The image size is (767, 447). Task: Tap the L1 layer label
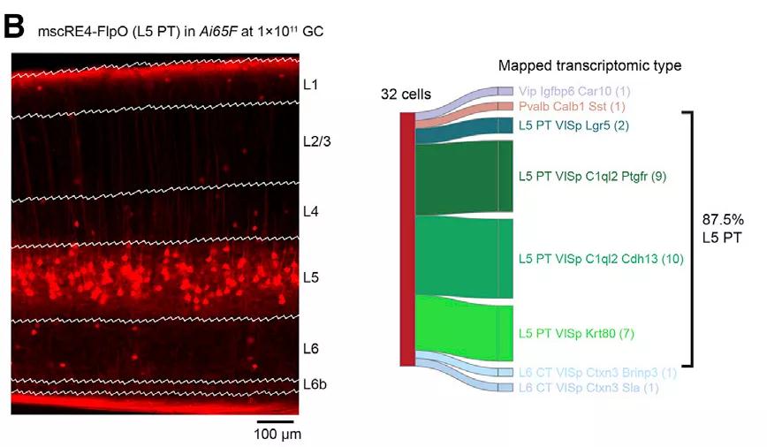310,85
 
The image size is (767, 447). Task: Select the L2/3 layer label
315,140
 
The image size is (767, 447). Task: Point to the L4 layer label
310,211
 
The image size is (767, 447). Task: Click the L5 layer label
310,277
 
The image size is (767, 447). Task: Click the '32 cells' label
405,94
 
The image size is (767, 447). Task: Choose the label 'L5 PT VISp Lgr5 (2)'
573,125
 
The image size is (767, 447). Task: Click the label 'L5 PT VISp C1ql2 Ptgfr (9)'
592,177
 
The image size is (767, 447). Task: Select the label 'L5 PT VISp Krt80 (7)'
577,333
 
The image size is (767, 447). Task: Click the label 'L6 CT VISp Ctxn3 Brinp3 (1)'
597,372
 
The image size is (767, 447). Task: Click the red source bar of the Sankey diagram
406,239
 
